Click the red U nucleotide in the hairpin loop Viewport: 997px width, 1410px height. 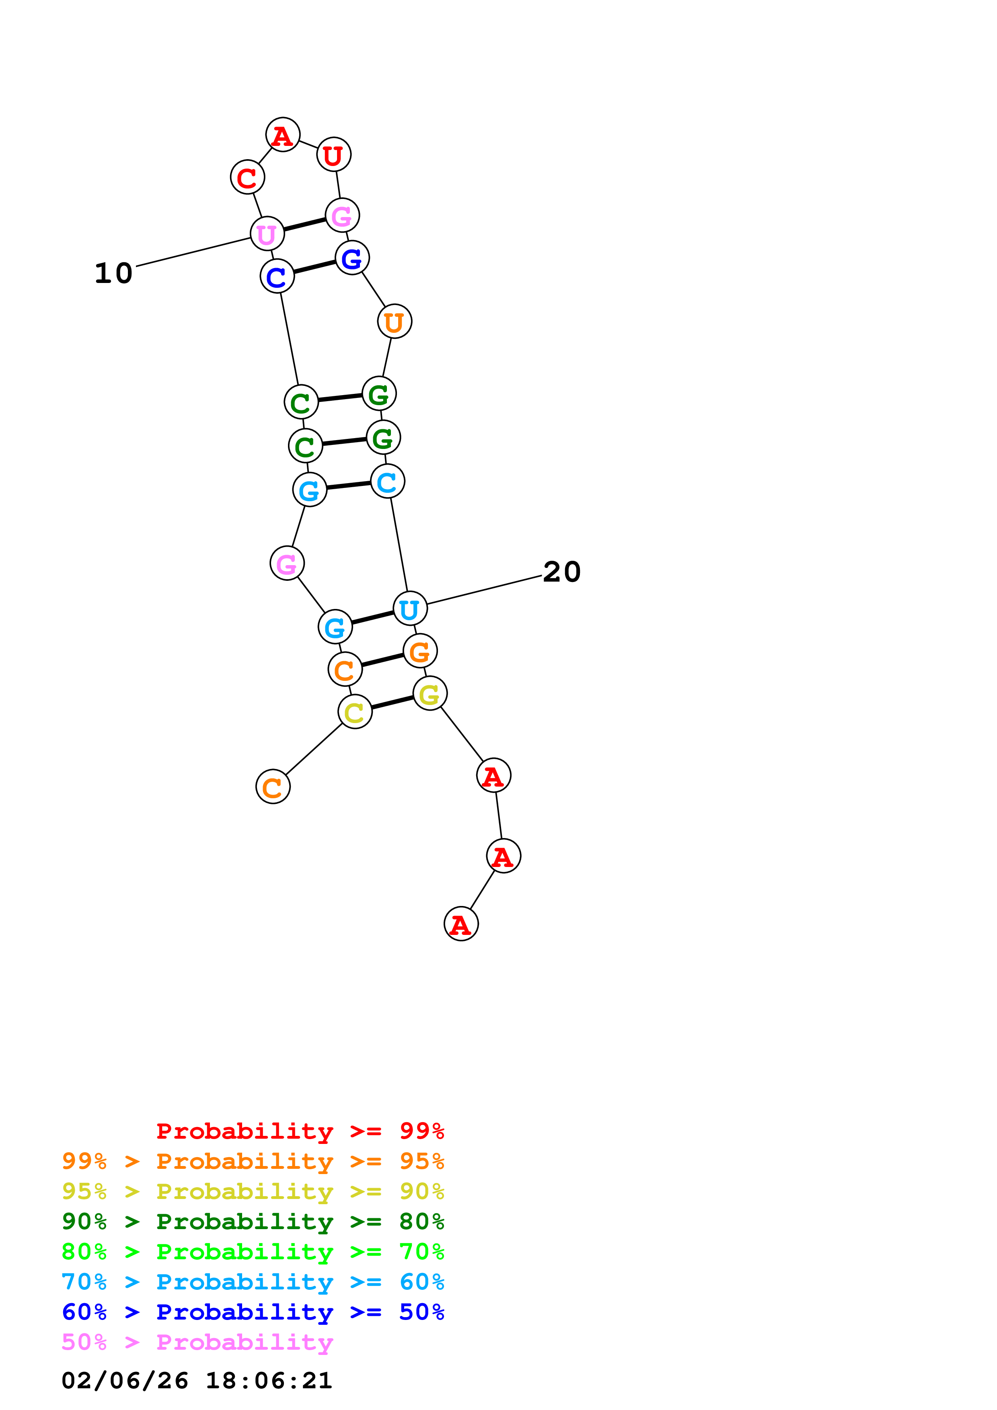[333, 155]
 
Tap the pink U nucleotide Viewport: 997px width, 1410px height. [267, 234]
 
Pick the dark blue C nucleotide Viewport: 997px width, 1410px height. [277, 277]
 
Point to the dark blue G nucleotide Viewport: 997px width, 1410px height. [352, 258]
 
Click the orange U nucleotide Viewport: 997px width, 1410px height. [395, 321]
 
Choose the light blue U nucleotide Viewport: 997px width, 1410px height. [410, 609]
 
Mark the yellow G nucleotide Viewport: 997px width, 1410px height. [430, 693]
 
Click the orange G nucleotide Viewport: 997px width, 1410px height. [419, 651]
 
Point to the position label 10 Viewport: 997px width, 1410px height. [114, 273]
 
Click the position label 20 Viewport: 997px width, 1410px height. [561, 572]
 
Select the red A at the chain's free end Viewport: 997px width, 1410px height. [461, 924]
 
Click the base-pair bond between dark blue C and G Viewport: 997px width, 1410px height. [315, 267]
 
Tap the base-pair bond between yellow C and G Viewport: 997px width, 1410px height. [392, 703]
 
